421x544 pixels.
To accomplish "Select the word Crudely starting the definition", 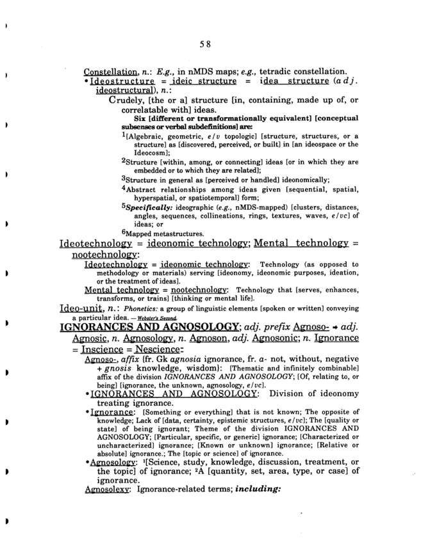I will [131, 100].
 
